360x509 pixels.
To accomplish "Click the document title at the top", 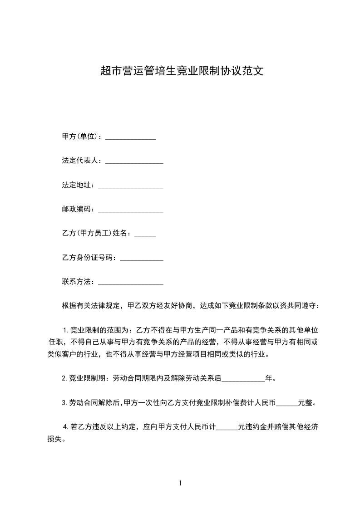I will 182,71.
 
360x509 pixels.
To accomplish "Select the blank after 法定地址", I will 131,186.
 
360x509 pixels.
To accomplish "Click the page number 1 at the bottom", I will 180,483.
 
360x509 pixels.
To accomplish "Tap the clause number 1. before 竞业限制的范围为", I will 65,329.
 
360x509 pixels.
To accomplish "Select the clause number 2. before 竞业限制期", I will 64,377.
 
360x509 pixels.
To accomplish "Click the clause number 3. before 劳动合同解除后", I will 64,402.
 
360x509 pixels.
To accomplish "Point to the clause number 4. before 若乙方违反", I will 66,426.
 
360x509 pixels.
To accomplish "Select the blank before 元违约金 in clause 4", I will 227,428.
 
